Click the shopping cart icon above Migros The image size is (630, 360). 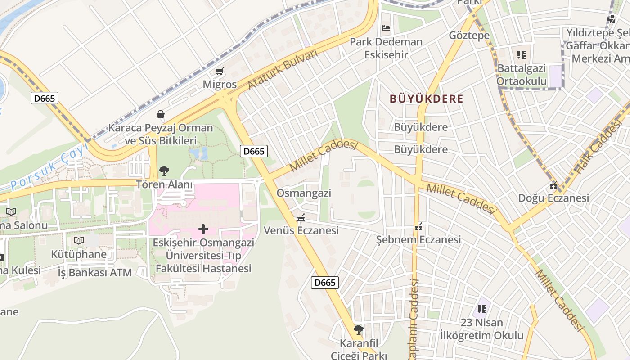(x=220, y=71)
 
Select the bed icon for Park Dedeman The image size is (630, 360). (x=386, y=28)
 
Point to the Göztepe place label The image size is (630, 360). (x=469, y=36)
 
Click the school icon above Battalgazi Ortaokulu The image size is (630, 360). (x=522, y=55)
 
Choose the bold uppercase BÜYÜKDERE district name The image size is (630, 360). (x=426, y=99)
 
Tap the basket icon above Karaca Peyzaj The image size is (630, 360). (x=161, y=114)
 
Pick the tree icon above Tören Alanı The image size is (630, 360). (x=164, y=171)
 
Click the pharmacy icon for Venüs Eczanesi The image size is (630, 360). (x=301, y=218)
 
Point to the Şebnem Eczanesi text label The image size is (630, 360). (x=418, y=239)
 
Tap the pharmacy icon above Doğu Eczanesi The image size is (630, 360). (x=553, y=185)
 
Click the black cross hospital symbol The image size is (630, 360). (x=203, y=229)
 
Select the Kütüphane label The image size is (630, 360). (x=79, y=254)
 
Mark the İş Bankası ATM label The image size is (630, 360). (x=95, y=272)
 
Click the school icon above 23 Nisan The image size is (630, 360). (x=482, y=309)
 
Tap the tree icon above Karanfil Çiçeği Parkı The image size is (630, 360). (x=359, y=330)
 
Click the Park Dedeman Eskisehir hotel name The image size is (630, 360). (x=386, y=48)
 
